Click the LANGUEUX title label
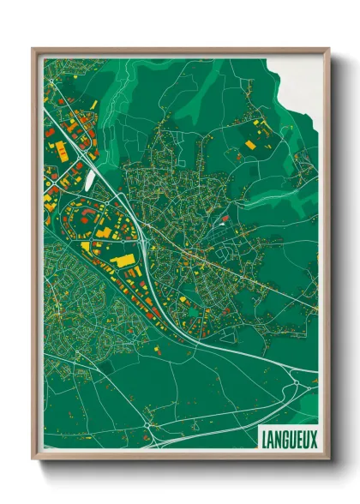(289, 439)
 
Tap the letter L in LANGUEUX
(263, 439)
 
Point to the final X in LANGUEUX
(314, 439)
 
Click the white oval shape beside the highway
(90, 178)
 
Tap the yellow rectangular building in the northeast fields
(250, 145)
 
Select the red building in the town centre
(225, 219)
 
